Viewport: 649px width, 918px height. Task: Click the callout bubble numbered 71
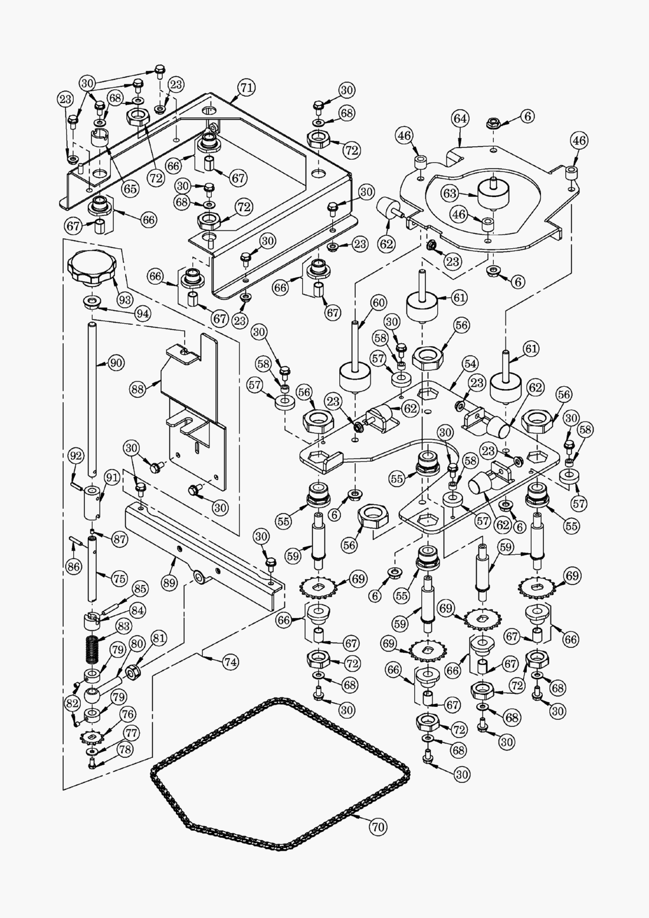[247, 88]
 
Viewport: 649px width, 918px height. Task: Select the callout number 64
[460, 119]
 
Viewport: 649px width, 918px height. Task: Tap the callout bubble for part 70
[378, 827]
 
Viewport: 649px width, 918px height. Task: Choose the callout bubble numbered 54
[471, 364]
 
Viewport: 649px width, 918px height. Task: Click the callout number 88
[137, 389]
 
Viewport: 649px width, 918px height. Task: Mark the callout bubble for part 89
[170, 583]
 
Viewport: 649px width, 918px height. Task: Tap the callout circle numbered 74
[231, 662]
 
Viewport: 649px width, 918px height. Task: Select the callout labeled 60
[378, 303]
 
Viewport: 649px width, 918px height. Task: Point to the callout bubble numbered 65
[130, 189]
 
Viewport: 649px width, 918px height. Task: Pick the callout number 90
[116, 363]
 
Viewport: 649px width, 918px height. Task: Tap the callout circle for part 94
[142, 313]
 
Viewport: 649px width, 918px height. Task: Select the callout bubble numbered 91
[112, 477]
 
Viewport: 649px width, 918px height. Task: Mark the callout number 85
[140, 588]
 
